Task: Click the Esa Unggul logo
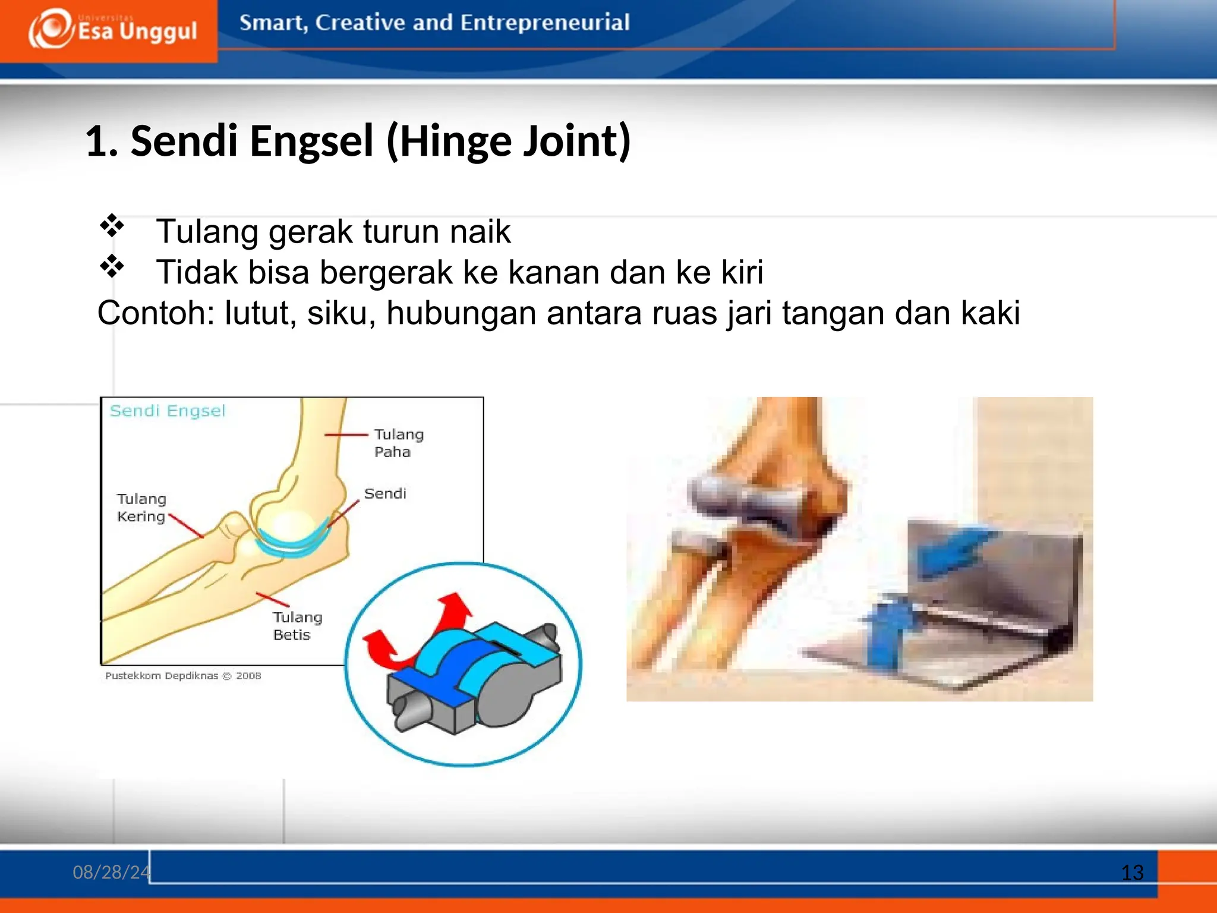coord(113,30)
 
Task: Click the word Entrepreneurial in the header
coord(544,23)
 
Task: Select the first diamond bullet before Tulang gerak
coord(111,226)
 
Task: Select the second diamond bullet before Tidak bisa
coord(111,266)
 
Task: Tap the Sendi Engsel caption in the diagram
coord(168,411)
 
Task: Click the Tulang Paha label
coord(398,443)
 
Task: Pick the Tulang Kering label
coord(141,508)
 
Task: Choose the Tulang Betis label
coord(297,626)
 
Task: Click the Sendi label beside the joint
coord(385,493)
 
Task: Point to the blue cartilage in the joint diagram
coord(291,544)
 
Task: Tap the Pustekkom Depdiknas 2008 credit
coord(183,676)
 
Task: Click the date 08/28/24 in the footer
coord(111,872)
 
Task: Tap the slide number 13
coord(1132,873)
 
